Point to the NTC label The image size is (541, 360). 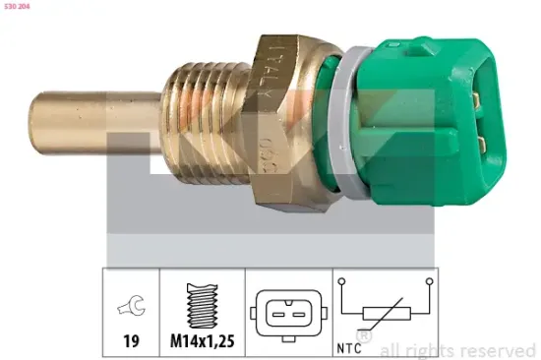click(350, 345)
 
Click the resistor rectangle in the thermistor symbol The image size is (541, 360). click(385, 314)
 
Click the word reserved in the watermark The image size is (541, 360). click(498, 349)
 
